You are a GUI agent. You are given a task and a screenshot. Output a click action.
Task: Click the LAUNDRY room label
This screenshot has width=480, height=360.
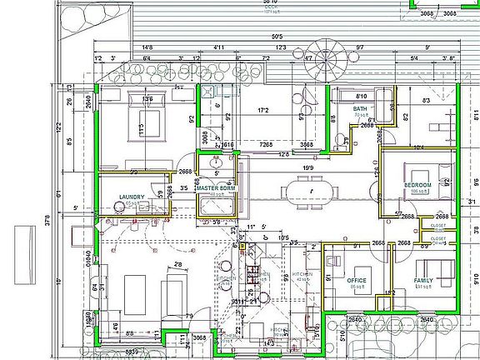[132, 197]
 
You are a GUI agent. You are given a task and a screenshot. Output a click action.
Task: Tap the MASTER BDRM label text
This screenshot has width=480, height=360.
[217, 189]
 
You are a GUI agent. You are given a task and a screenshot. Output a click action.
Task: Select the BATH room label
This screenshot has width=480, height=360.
[359, 108]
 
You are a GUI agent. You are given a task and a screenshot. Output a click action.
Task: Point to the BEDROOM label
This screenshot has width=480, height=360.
[417, 184]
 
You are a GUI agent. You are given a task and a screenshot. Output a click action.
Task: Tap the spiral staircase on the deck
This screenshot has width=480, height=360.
[326, 60]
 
